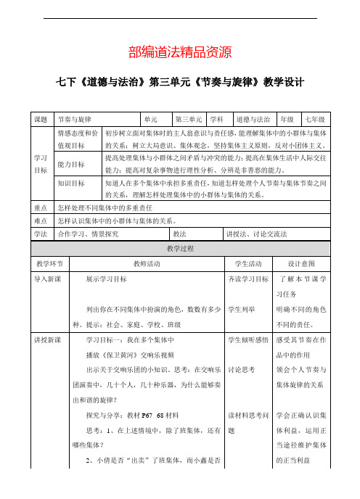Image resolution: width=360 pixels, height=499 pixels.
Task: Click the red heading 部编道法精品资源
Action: tap(179, 51)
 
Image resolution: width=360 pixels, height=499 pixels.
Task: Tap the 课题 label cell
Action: tap(41, 118)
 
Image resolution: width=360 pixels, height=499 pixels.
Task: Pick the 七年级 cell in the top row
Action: tap(314, 118)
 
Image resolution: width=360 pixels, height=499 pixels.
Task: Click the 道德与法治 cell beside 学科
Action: tap(251, 118)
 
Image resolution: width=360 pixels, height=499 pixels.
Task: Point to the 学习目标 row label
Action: tap(41, 163)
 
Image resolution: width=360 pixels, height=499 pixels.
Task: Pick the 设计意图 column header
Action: tap(300, 263)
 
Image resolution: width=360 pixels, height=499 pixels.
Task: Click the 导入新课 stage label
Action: tap(47, 278)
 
